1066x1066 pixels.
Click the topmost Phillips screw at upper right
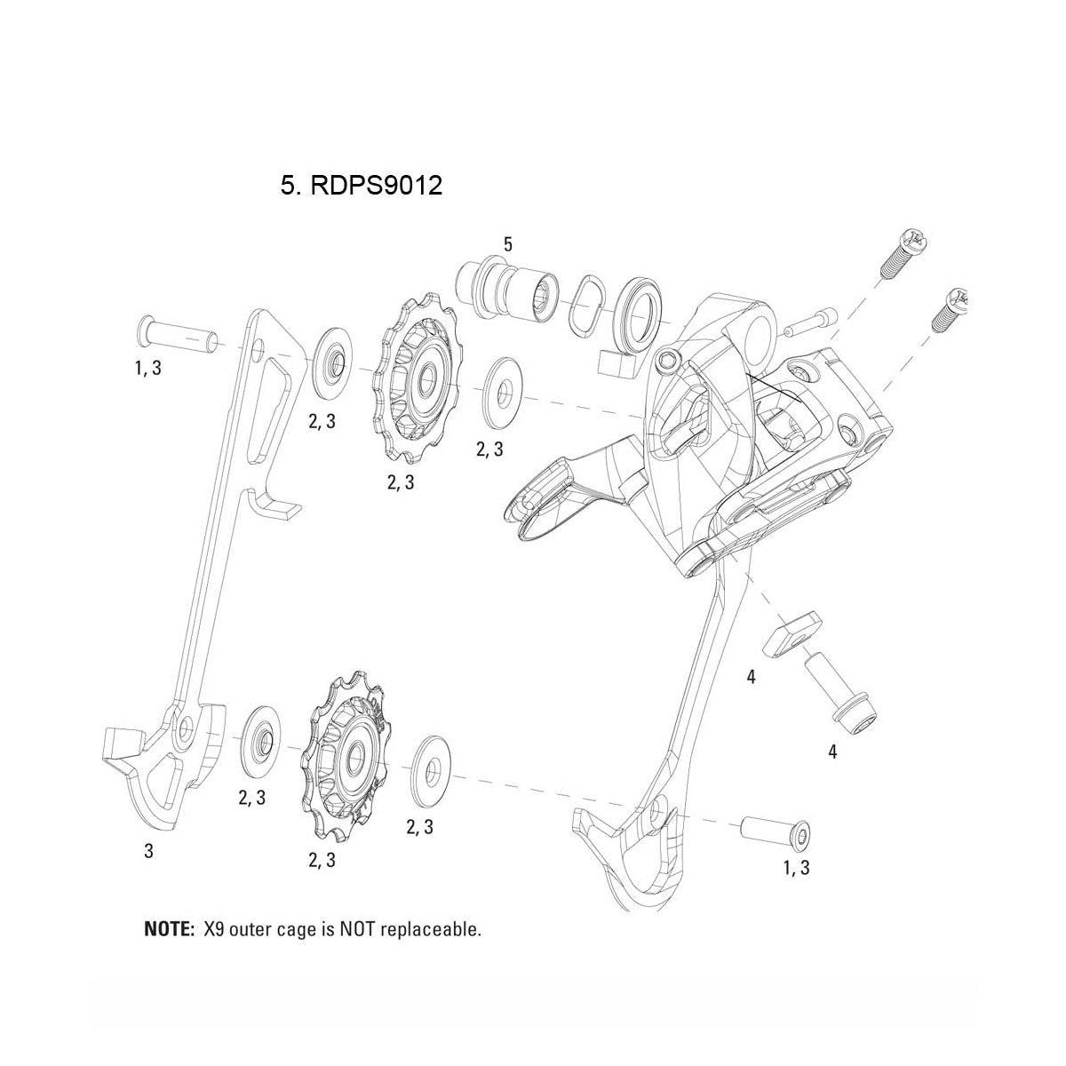tap(902, 253)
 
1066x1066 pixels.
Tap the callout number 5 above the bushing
tap(507, 243)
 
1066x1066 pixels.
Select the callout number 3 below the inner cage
tap(149, 851)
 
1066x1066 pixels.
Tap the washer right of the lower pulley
tap(433, 757)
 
